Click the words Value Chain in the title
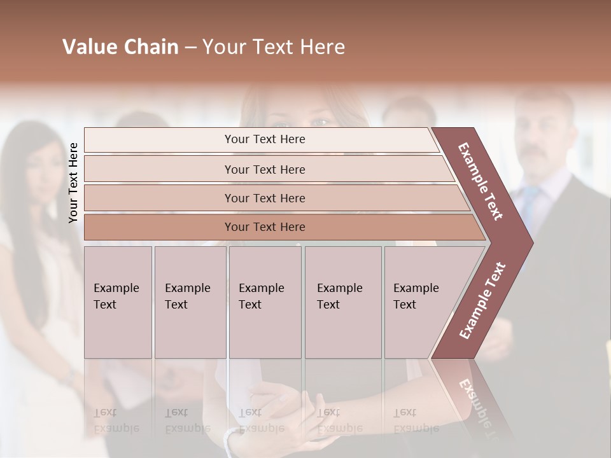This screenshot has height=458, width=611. (x=120, y=47)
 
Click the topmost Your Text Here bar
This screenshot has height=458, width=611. (x=265, y=139)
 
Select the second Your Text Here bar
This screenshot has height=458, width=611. (x=265, y=169)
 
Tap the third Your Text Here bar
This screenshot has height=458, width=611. (x=265, y=198)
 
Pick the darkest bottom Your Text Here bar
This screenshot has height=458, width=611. (x=265, y=227)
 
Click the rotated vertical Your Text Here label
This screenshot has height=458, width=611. (x=74, y=183)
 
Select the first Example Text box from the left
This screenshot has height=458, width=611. (x=118, y=302)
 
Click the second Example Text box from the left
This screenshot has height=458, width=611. (x=190, y=302)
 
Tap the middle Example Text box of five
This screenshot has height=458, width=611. (x=265, y=302)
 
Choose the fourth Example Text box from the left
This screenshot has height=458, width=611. (x=342, y=302)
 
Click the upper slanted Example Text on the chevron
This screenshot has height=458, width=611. (x=481, y=181)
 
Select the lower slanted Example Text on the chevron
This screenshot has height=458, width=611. (x=482, y=301)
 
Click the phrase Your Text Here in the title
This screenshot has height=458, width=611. (x=274, y=47)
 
